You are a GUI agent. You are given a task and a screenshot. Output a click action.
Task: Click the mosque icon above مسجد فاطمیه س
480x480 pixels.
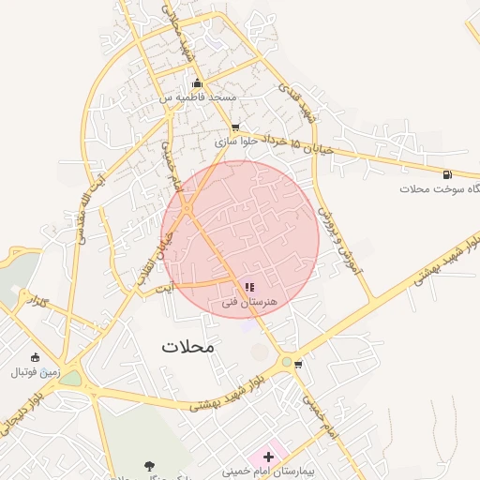pos(196,83)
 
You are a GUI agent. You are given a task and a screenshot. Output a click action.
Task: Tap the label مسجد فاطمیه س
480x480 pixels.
pos(197,97)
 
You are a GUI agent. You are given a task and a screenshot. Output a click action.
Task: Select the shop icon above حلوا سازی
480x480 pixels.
pos(235,128)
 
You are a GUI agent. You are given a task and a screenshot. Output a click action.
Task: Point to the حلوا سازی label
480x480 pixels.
pos(237,142)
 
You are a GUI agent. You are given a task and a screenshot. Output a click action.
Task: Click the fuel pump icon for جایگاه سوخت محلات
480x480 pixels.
pos(447,174)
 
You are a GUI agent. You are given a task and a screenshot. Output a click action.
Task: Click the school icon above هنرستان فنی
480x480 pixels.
pos(249,287)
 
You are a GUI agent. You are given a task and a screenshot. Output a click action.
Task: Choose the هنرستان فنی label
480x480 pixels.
pos(250,302)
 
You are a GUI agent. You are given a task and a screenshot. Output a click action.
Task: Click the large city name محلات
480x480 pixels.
pos(187,346)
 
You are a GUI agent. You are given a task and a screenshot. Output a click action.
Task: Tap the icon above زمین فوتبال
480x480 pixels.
pos(35,357)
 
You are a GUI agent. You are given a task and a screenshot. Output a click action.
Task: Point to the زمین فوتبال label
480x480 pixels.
pos(35,372)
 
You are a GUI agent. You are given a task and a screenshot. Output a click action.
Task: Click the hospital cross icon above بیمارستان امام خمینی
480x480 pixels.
pos(268,456)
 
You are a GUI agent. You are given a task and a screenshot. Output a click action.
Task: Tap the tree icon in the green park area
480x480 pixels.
pos(149,464)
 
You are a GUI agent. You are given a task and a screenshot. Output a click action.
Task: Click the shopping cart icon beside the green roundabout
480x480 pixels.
pos(298,364)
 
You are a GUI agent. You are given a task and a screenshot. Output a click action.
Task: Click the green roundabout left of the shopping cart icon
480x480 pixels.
pos(285,361)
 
